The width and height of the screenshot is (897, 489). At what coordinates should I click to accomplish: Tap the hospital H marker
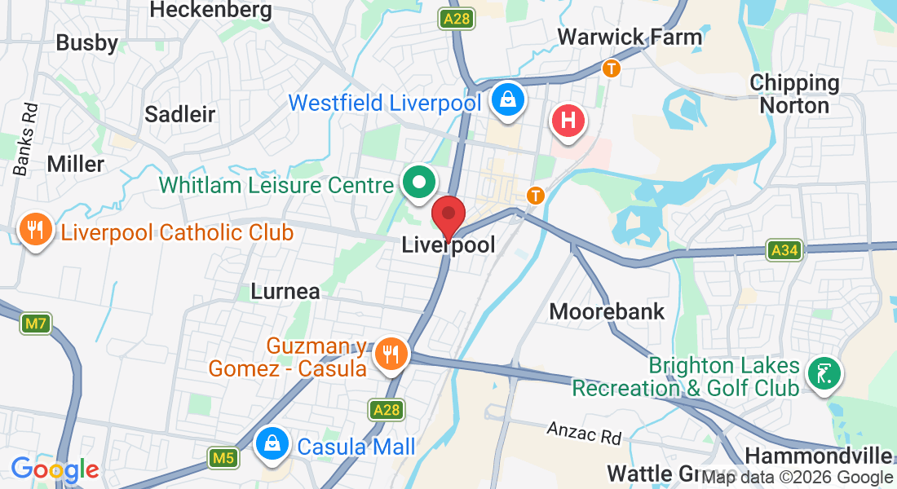click(569, 121)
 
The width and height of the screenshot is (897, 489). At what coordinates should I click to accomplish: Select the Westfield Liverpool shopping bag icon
click(508, 101)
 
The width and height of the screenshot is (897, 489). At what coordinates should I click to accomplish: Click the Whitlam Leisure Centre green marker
click(420, 183)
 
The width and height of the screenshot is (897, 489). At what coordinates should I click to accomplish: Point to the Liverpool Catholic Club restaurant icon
click(35, 231)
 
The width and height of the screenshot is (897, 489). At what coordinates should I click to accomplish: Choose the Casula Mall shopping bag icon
click(272, 444)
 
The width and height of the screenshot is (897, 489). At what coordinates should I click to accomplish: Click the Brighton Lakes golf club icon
click(824, 374)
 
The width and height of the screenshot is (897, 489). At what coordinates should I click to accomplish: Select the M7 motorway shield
click(34, 324)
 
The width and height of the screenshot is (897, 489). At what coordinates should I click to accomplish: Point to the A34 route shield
click(784, 250)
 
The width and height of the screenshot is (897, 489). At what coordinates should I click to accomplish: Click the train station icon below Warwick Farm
click(611, 68)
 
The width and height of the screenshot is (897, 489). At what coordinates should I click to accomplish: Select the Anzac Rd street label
click(583, 432)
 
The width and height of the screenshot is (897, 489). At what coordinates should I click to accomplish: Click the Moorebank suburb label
click(607, 311)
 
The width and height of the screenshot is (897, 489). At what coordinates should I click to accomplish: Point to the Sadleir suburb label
click(179, 114)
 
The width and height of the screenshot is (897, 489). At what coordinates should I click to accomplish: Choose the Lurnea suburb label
click(285, 291)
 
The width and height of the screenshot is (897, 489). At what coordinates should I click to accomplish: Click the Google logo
click(55, 469)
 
